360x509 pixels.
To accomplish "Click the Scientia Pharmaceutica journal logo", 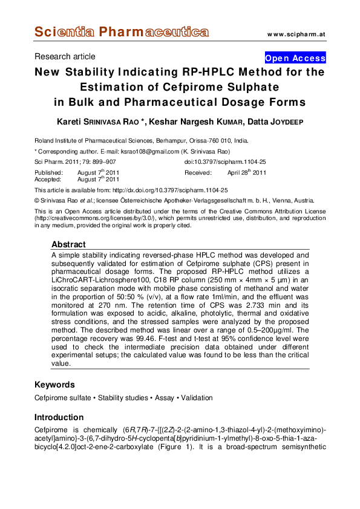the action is pos(121,32).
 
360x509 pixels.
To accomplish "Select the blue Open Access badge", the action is pos(295,58).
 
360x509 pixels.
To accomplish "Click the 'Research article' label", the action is pos(65,56).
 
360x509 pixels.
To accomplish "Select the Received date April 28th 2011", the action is pos(246,172).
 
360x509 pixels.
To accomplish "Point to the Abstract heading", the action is pos(68,244).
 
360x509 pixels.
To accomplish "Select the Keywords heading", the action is pos(54,384).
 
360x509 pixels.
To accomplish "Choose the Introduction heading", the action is pos(59,417).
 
